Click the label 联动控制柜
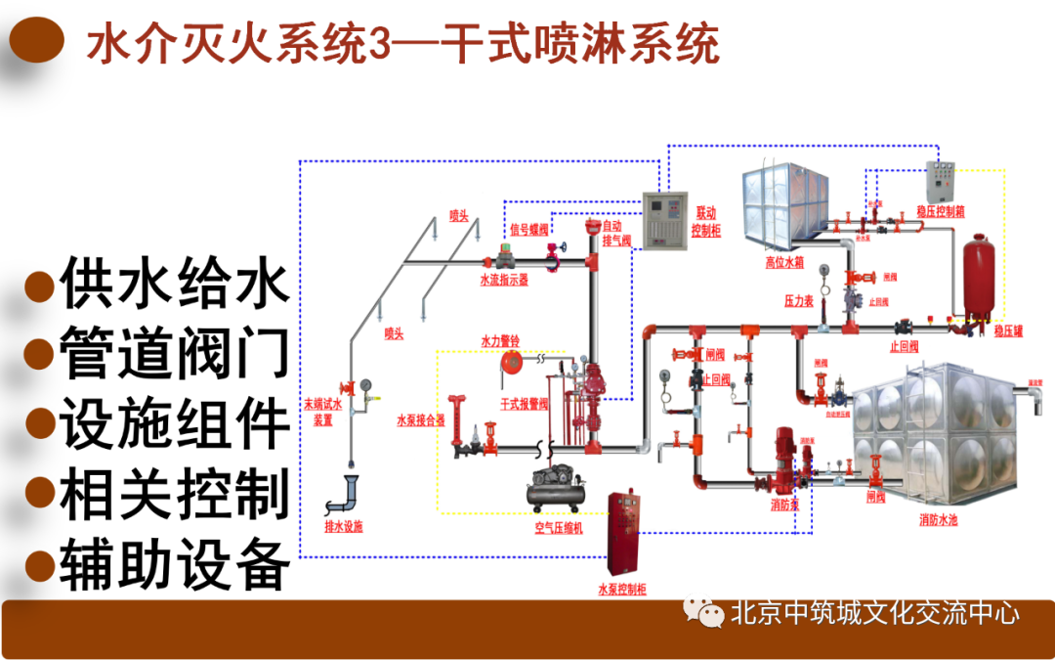[705, 222]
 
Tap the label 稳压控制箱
[941, 210]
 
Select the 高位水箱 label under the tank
[784, 262]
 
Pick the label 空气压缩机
[558, 528]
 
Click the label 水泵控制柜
[621, 590]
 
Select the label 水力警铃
[500, 340]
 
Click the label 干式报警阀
[525, 403]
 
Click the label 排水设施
[343, 526]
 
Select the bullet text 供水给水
[174, 284]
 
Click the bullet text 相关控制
[174, 494]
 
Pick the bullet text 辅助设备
[174, 564]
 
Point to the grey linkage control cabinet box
[662, 219]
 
